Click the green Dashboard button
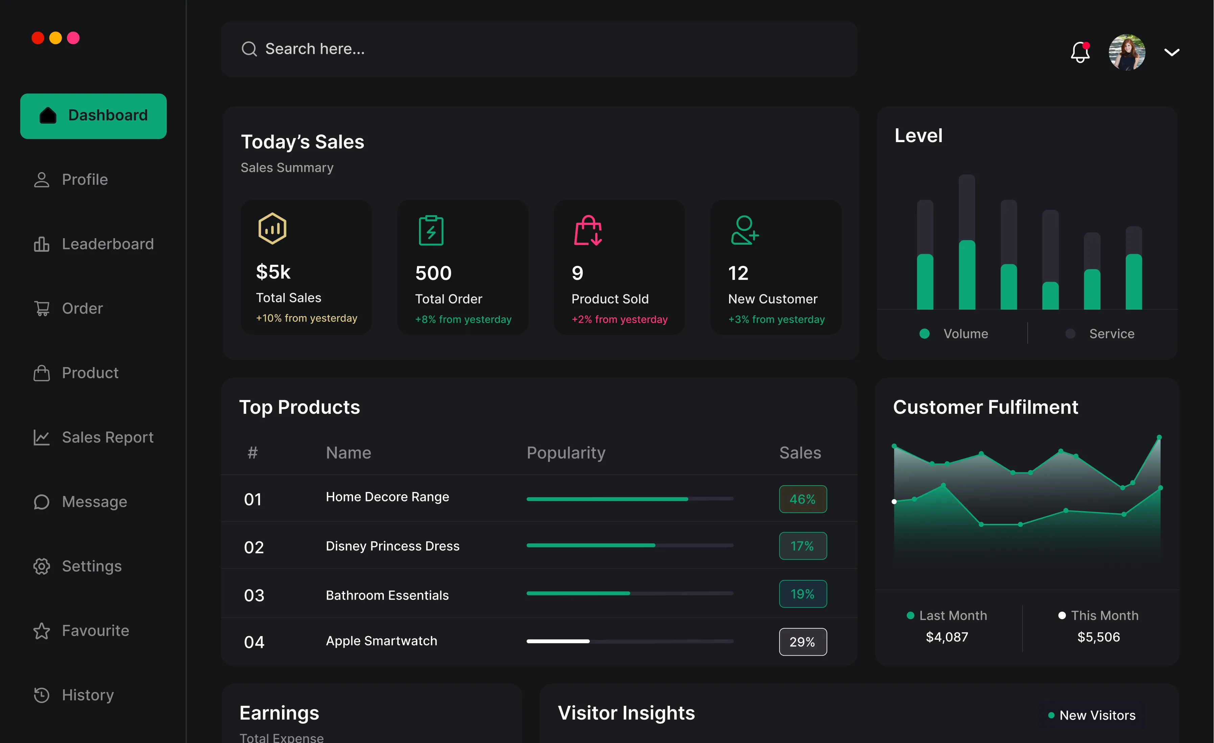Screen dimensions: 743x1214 tap(93, 116)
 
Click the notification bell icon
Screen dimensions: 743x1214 tap(1079, 52)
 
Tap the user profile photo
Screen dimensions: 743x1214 tap(1126, 52)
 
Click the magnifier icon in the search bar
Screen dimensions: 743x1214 tap(249, 49)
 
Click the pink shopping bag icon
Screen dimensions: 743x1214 tap(588, 230)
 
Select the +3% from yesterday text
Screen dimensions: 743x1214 tap(776, 319)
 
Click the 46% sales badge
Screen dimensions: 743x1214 tap(802, 499)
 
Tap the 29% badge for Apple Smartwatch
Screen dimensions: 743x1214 tap(802, 641)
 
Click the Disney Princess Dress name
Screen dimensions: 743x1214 tap(392, 546)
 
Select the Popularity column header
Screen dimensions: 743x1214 tap(566, 453)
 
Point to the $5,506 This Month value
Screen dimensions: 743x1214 tap(1098, 637)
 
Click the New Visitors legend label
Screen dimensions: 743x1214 tap(1097, 715)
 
